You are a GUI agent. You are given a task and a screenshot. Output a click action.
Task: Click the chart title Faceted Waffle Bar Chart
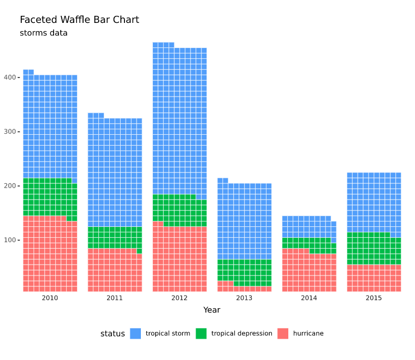coord(79,20)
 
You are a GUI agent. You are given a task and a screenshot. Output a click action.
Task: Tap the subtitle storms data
coord(44,33)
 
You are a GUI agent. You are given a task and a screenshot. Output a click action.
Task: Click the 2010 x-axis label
coord(50,298)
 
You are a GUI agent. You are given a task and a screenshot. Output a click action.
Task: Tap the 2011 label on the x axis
coord(115,298)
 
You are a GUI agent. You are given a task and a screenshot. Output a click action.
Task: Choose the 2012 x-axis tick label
coord(180,298)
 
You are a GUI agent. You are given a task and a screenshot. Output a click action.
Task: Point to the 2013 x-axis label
coord(244,298)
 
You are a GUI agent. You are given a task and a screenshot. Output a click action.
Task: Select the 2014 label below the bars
coord(309,298)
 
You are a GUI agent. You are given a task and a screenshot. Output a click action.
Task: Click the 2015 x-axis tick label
coord(374,298)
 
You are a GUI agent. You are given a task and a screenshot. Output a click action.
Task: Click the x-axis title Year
coord(212,310)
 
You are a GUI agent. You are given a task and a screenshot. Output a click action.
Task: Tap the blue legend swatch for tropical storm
coord(135,333)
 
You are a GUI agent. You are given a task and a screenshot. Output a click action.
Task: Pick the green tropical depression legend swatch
coord(201,333)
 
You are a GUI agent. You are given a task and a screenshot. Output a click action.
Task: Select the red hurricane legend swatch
coord(283,333)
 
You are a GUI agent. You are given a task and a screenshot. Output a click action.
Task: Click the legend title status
coord(112,333)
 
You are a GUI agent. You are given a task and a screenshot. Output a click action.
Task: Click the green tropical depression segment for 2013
coord(244,271)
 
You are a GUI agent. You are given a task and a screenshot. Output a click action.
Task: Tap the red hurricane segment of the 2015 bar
coord(374,278)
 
